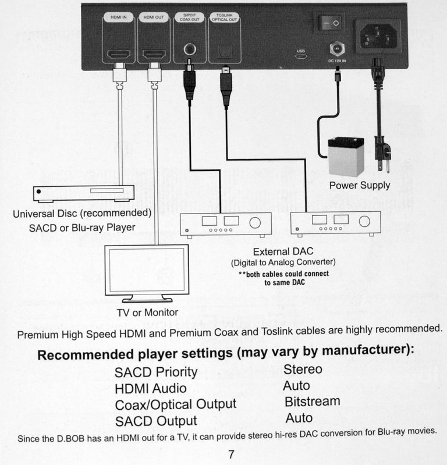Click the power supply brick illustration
pyautogui.click(x=347, y=156)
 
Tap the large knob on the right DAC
pyautogui.click(x=365, y=222)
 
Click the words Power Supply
pyautogui.click(x=360, y=186)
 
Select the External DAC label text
pyautogui.click(x=283, y=251)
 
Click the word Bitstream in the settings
pyautogui.click(x=312, y=402)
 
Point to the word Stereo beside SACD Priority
pyautogui.click(x=303, y=369)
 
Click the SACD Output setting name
pyautogui.click(x=156, y=421)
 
